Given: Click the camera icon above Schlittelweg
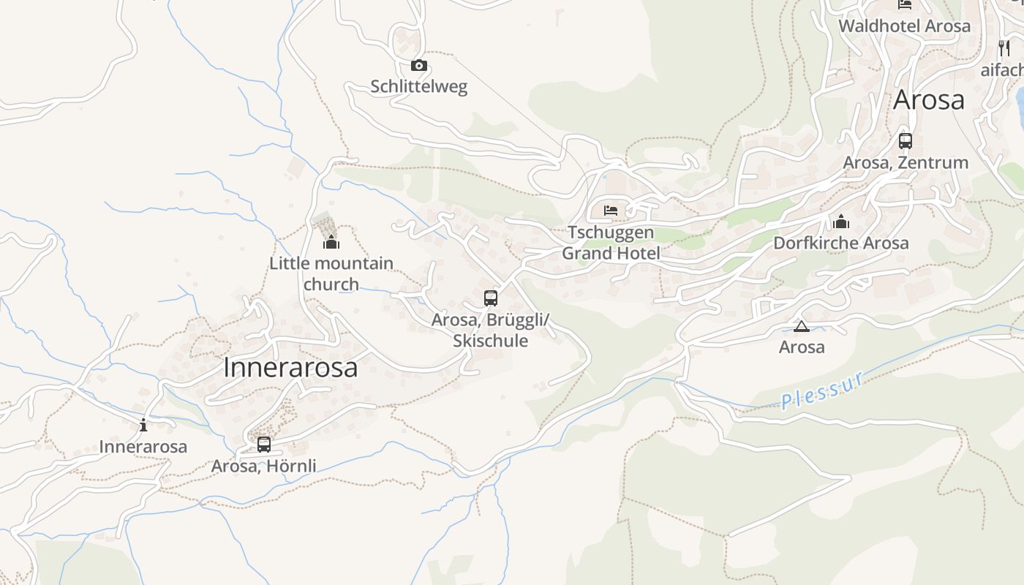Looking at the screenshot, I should click(418, 66).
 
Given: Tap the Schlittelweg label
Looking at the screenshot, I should click(418, 86).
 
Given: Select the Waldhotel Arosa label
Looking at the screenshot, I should click(904, 26).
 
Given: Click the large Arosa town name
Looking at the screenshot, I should click(928, 99).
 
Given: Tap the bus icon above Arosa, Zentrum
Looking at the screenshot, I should click(906, 141).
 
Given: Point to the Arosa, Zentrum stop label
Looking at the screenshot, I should click(906, 162).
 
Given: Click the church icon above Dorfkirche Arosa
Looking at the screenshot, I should click(841, 222).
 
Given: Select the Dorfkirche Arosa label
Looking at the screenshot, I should click(841, 243).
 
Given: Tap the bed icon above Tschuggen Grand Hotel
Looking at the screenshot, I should click(611, 211).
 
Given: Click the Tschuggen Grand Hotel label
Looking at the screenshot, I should click(611, 243).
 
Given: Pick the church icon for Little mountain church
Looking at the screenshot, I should click(331, 242).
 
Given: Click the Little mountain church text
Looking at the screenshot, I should click(331, 273).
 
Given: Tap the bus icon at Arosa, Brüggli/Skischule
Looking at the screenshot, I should click(491, 298).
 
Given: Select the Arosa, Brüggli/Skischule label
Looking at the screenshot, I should click(490, 330).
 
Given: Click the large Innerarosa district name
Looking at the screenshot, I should click(290, 367).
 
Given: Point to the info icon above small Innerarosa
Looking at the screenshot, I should click(143, 425).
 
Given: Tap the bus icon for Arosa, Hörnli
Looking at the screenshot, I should click(264, 444).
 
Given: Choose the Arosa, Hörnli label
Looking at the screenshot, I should click(264, 466).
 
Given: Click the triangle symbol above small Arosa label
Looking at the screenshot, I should click(802, 326).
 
